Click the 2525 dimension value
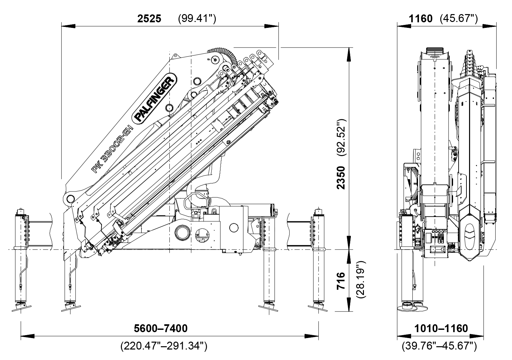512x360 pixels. (x=149, y=19)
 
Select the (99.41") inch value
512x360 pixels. (x=197, y=19)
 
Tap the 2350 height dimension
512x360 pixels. (x=341, y=178)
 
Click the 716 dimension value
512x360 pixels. (x=341, y=280)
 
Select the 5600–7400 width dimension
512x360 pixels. (x=161, y=328)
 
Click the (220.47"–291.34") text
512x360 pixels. (x=163, y=346)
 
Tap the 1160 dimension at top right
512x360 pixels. (x=421, y=19)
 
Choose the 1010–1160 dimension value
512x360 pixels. (x=441, y=328)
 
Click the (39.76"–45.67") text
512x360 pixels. (x=439, y=346)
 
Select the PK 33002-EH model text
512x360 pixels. (x=112, y=149)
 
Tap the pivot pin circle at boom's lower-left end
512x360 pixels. (x=70, y=198)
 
